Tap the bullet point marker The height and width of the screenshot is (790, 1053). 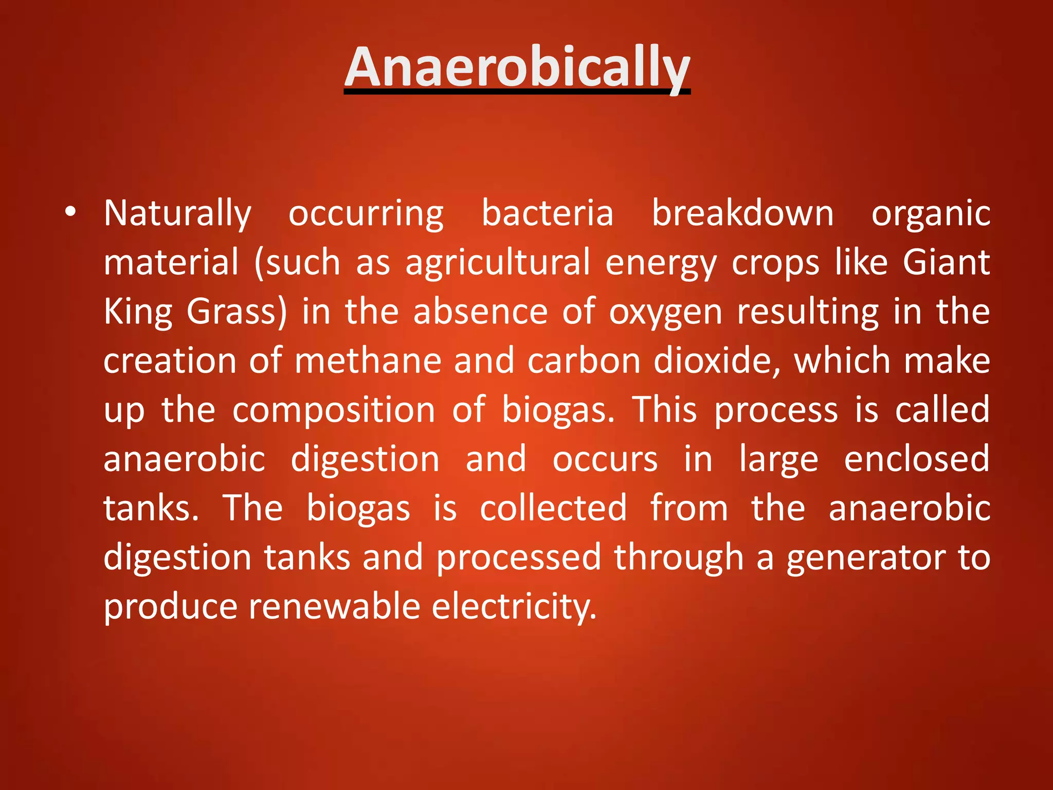click(x=70, y=212)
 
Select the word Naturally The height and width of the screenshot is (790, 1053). click(x=178, y=213)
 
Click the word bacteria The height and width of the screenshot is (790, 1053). click(x=548, y=213)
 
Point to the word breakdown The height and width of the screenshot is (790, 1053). click(x=743, y=213)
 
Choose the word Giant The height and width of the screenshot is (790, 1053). click(x=947, y=262)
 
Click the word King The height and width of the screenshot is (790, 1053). click(x=138, y=312)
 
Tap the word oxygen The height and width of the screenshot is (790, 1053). click(x=666, y=312)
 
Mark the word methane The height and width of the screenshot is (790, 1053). click(x=368, y=361)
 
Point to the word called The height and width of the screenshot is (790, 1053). click(x=942, y=410)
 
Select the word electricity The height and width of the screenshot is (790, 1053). click(x=514, y=606)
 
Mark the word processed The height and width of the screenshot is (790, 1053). click(x=519, y=558)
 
